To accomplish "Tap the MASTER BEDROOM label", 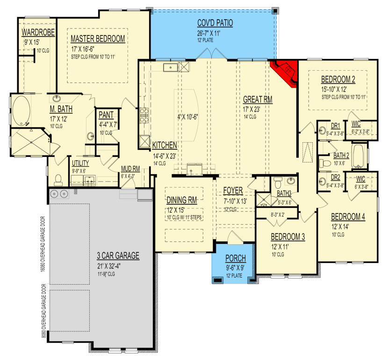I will pos(97,38).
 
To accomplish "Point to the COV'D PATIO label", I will pos(215,22).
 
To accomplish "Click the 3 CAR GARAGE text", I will pos(118,256).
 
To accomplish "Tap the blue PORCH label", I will pos(235,259).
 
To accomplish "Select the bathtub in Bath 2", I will pos(359,156).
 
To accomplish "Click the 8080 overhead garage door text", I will pos(43,312).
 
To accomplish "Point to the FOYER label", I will pos(232,191).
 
